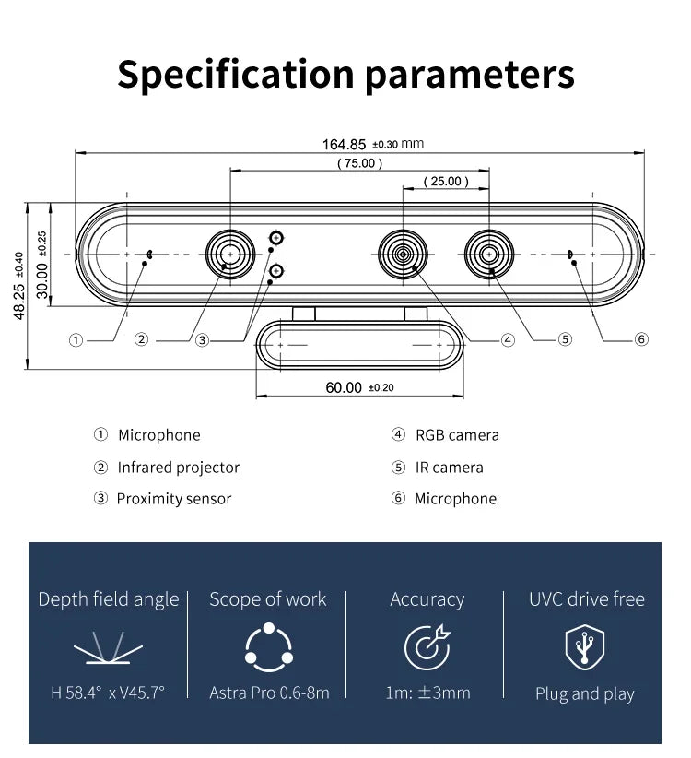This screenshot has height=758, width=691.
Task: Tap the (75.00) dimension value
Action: click(x=359, y=163)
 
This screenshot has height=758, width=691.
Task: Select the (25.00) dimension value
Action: click(x=446, y=182)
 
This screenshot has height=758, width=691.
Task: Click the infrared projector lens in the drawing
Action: click(x=229, y=253)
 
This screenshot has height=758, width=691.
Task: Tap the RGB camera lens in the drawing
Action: click(x=403, y=253)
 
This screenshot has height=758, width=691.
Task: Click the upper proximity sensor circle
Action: click(x=275, y=238)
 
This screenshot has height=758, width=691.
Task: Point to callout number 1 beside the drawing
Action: click(x=76, y=340)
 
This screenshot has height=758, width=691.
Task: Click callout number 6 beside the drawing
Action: click(x=641, y=339)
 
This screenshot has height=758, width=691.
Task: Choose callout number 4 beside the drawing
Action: click(x=508, y=340)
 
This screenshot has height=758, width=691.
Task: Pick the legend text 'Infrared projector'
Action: click(x=178, y=468)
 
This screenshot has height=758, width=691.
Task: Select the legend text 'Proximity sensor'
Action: click(x=173, y=499)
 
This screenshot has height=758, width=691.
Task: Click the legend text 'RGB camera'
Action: click(x=457, y=435)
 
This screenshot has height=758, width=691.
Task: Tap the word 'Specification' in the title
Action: click(x=236, y=74)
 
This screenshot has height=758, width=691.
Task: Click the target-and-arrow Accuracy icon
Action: click(x=427, y=646)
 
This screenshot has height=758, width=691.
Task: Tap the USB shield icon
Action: click(x=585, y=646)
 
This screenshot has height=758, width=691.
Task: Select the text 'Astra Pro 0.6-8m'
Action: click(x=269, y=693)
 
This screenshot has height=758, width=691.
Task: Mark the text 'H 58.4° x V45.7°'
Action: click(x=108, y=693)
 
